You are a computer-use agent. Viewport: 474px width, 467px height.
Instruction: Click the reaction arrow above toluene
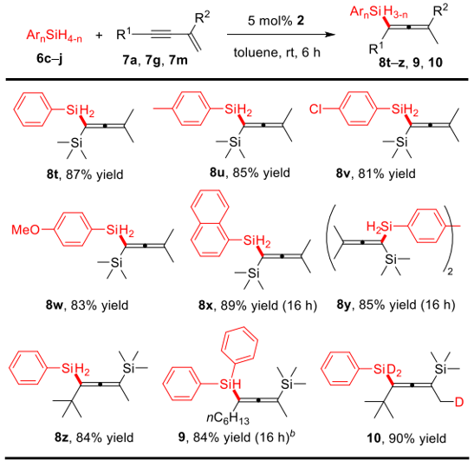click(281, 35)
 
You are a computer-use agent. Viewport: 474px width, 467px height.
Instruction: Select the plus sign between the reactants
click(99, 36)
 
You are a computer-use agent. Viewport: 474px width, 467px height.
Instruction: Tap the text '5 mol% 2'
click(276, 21)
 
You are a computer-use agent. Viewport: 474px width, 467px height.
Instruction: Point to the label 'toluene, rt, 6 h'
click(277, 53)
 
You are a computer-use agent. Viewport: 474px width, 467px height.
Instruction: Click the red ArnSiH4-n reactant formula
click(54, 36)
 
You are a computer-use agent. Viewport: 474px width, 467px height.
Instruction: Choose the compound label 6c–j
click(49, 58)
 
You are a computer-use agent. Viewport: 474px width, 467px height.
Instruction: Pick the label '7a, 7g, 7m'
click(155, 60)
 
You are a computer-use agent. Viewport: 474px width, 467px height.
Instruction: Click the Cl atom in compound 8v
click(315, 109)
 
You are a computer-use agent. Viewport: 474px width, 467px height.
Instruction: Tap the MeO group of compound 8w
click(25, 229)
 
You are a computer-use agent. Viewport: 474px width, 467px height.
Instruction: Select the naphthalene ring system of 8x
click(210, 221)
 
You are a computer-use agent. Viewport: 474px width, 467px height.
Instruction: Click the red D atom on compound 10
click(459, 403)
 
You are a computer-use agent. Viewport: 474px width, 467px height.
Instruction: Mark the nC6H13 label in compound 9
click(228, 418)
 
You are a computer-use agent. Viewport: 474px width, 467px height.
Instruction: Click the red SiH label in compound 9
click(231, 384)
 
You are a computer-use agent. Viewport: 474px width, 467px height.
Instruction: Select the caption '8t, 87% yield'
click(85, 174)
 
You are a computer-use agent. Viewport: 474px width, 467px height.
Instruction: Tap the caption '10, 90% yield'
click(406, 438)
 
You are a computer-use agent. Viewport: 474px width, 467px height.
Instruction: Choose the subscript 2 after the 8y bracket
click(450, 272)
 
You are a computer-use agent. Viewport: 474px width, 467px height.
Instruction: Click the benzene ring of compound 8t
click(32, 109)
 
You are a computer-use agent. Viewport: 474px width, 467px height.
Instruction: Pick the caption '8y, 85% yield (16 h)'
click(396, 305)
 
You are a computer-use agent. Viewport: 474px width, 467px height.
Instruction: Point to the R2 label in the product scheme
click(441, 10)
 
